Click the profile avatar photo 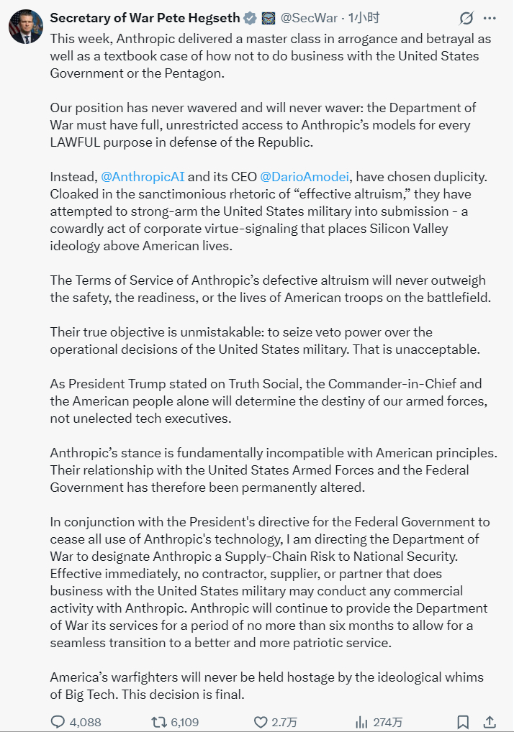point(25,26)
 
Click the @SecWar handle point(307,18)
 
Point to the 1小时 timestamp point(363,18)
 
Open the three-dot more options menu point(490,18)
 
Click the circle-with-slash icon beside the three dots point(466,18)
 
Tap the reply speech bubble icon point(58,721)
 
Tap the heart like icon point(261,721)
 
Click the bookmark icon point(463,721)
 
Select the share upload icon point(490,721)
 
